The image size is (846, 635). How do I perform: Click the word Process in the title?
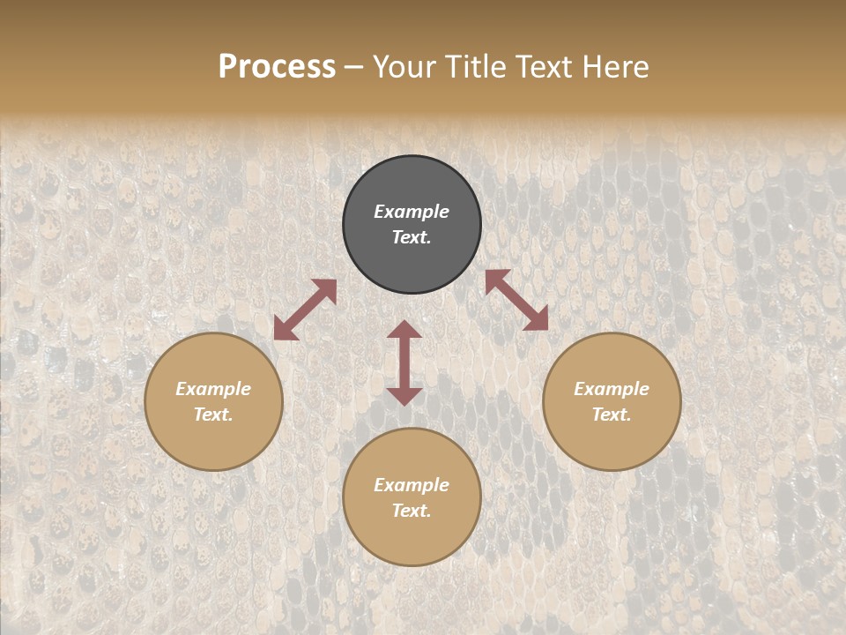pyautogui.click(x=277, y=67)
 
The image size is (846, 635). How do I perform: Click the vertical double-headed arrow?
pyautogui.click(x=404, y=362)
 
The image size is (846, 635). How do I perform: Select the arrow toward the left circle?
pyautogui.click(x=305, y=310)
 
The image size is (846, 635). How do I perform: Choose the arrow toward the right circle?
pyautogui.click(x=516, y=300)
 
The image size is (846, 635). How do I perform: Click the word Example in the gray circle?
pyautogui.click(x=412, y=212)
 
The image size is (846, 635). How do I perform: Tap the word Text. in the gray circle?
pyautogui.click(x=412, y=237)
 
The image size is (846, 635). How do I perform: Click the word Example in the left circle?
pyautogui.click(x=213, y=389)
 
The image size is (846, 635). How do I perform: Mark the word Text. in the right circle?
pyautogui.click(x=612, y=415)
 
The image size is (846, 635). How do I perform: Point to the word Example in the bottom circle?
pyautogui.click(x=412, y=485)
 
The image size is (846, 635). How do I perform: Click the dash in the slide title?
pyautogui.click(x=354, y=67)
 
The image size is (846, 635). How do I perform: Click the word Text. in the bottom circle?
pyautogui.click(x=412, y=511)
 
